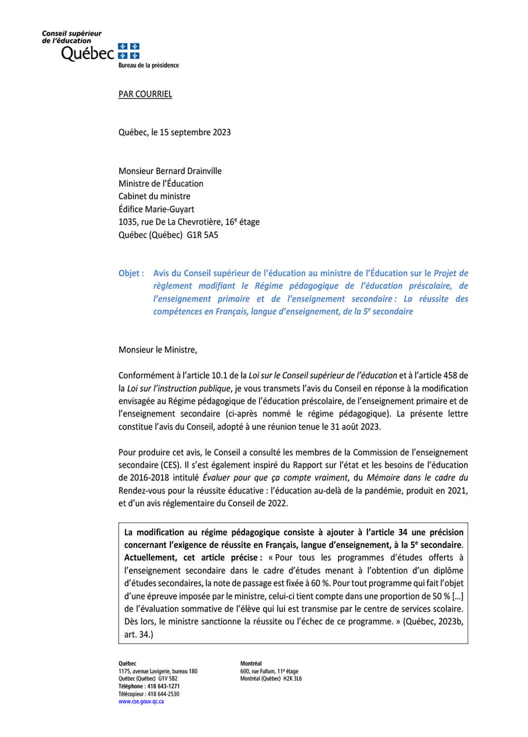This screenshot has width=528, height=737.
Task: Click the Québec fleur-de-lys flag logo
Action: pos(129,51)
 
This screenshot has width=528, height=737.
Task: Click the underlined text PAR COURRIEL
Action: pos(145,94)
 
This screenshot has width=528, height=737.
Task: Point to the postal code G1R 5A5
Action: pos(202,235)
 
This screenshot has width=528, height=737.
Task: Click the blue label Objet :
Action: pos(131,273)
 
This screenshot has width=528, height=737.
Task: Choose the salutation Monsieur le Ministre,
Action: pos(157,350)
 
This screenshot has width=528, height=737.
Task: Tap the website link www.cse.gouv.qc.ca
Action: pos(141,702)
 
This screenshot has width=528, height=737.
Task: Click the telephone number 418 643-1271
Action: pos(163,686)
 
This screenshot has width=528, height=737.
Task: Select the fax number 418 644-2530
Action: pos(163,694)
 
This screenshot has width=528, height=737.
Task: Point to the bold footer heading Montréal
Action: pos(251,664)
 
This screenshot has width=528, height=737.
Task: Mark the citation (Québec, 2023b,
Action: pos(433,621)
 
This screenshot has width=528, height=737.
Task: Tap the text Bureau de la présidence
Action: pos(148,66)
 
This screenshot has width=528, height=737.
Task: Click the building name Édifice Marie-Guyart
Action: pos(156,209)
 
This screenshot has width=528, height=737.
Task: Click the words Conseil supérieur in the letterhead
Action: pos(72,33)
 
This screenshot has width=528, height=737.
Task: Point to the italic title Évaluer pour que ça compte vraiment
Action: pos(275,478)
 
